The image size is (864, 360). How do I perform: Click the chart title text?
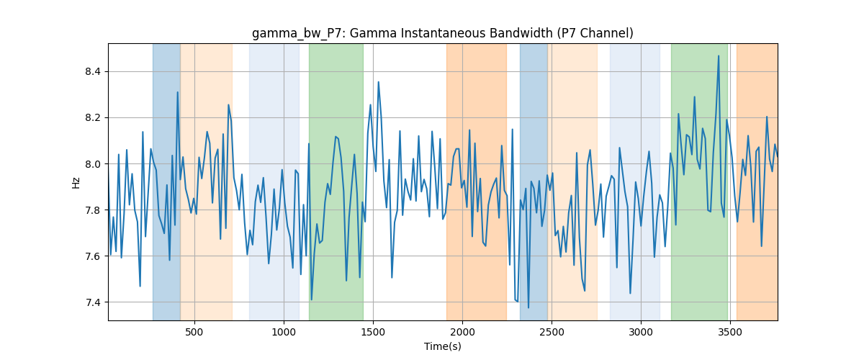pyautogui.click(x=442, y=33)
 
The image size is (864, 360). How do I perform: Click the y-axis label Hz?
pyautogui.click(x=76, y=182)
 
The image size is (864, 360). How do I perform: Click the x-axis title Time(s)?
pyautogui.click(x=442, y=346)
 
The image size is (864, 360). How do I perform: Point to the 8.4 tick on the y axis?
pyautogui.click(x=93, y=72)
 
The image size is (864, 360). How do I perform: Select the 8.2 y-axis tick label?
pyautogui.click(x=93, y=117)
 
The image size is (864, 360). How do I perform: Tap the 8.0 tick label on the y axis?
pyautogui.click(x=93, y=164)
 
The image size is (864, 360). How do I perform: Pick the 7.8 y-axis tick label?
pyautogui.click(x=93, y=210)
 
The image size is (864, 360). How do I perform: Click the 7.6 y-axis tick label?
pyautogui.click(x=93, y=256)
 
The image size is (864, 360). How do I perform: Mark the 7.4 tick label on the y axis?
pyautogui.click(x=93, y=302)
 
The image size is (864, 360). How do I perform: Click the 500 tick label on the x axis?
pyautogui.click(x=194, y=332)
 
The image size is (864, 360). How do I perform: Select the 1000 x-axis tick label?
pyautogui.click(x=284, y=332)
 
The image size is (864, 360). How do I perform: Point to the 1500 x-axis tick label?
pyautogui.click(x=373, y=332)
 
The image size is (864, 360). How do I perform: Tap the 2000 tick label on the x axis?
pyautogui.click(x=462, y=332)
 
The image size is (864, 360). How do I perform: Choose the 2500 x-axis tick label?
pyautogui.click(x=552, y=332)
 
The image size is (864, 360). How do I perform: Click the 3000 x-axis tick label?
pyautogui.click(x=641, y=332)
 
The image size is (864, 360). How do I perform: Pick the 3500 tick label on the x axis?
pyautogui.click(x=730, y=332)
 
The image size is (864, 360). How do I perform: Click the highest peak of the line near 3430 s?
pyautogui.click(x=719, y=56)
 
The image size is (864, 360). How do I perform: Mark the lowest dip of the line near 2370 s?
pyautogui.click(x=528, y=307)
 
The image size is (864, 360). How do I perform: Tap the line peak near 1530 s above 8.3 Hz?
pyautogui.click(x=379, y=82)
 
